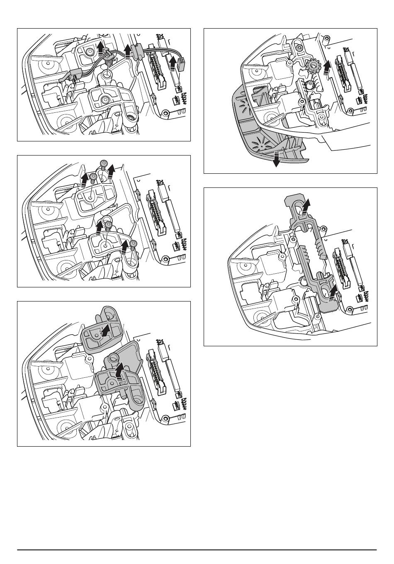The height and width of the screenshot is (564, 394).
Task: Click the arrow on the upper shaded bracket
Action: (x=107, y=330)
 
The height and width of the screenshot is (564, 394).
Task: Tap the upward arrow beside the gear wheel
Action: (x=327, y=65)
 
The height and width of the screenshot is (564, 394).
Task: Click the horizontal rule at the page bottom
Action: (x=197, y=550)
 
